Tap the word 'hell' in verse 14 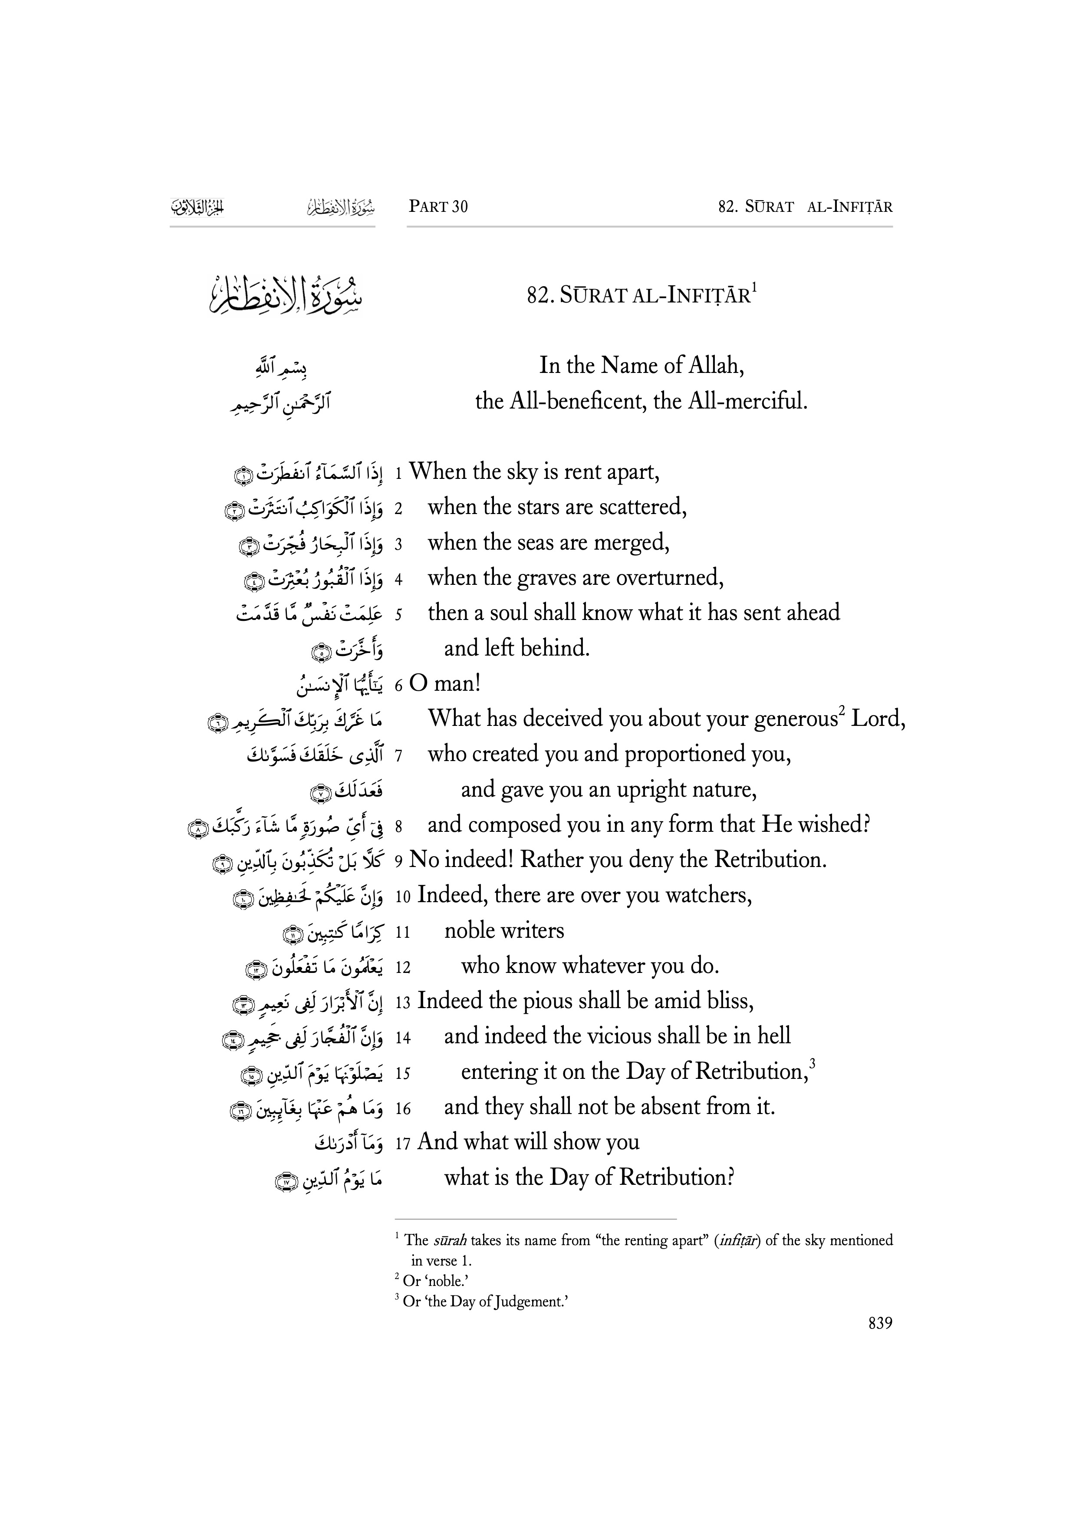(x=773, y=1037)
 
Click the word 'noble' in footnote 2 (x=448, y=1282)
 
